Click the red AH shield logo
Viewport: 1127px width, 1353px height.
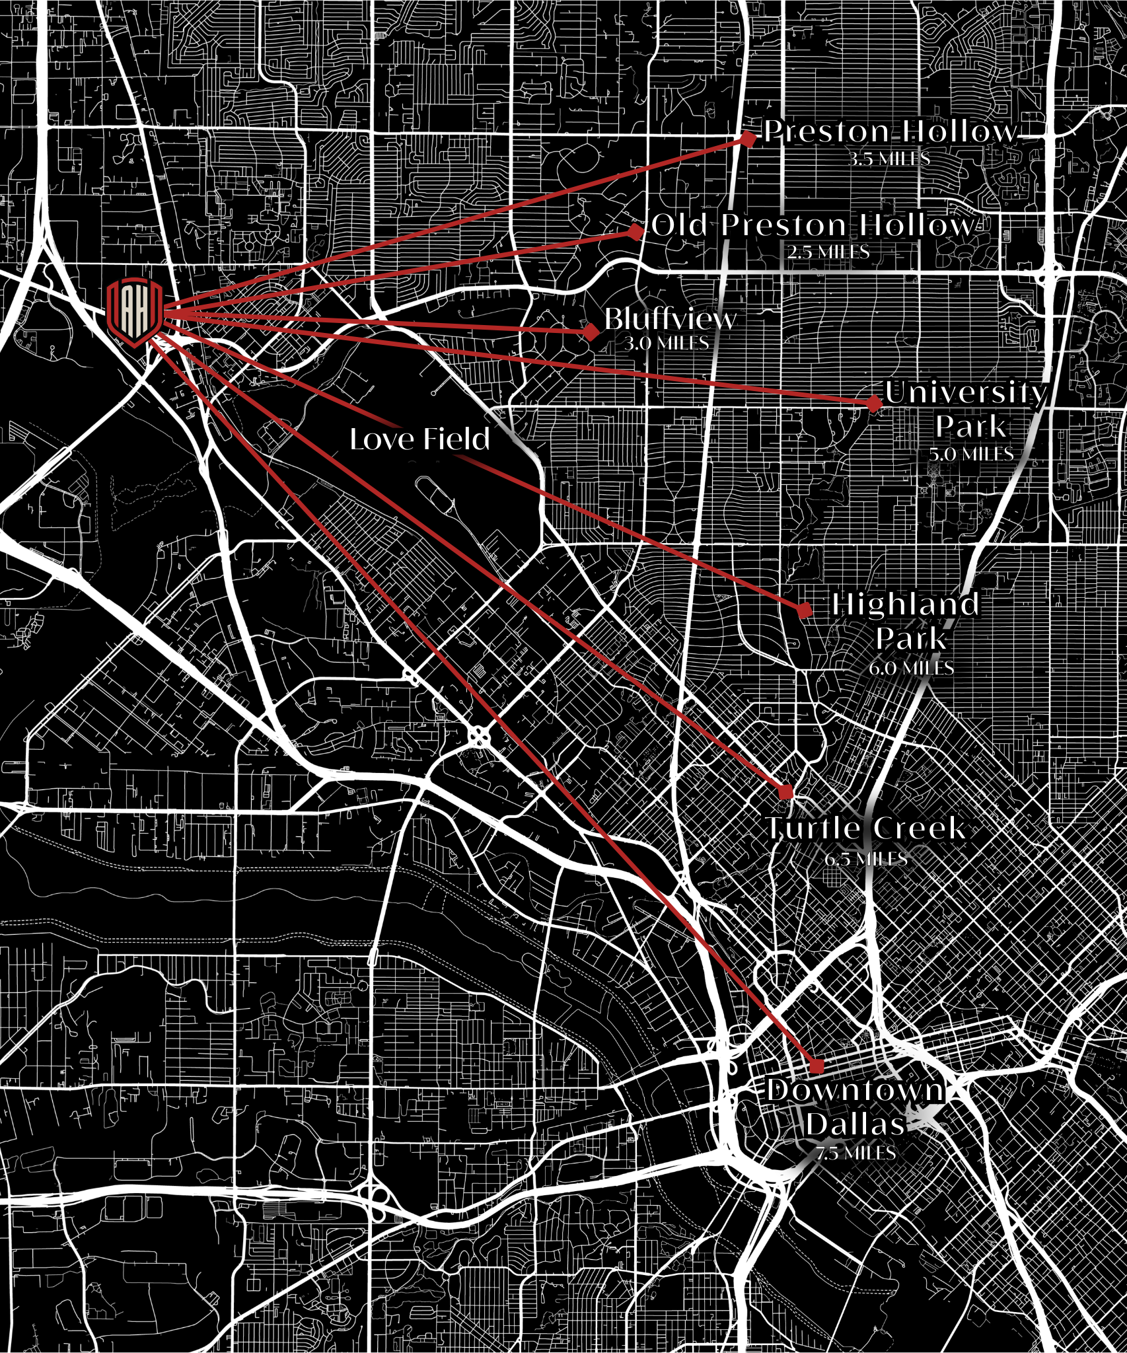coord(135,312)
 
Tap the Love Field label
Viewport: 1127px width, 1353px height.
coord(420,439)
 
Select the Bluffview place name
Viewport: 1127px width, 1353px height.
coord(670,319)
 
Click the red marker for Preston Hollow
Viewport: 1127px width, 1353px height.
coord(748,139)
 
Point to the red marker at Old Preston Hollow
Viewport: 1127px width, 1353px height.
coord(636,232)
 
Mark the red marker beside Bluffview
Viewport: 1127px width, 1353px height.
coord(591,332)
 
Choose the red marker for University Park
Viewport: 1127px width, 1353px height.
coord(874,404)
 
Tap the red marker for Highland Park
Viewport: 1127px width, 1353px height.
coord(805,609)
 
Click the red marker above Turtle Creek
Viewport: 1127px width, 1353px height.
coord(786,791)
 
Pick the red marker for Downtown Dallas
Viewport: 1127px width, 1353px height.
coord(817,1066)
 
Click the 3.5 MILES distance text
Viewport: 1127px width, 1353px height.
coord(889,159)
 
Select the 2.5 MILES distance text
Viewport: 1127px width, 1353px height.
coord(828,252)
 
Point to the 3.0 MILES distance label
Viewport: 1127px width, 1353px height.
coord(666,344)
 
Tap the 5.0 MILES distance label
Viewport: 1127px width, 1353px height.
coord(970,454)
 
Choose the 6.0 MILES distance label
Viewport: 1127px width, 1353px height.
coord(911,668)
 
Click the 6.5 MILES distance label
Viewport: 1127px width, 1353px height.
coord(865,859)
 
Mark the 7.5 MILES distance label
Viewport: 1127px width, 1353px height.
coord(855,1153)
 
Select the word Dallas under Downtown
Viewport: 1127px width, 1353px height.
coord(855,1124)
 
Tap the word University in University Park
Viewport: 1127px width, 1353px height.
coord(966,392)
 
